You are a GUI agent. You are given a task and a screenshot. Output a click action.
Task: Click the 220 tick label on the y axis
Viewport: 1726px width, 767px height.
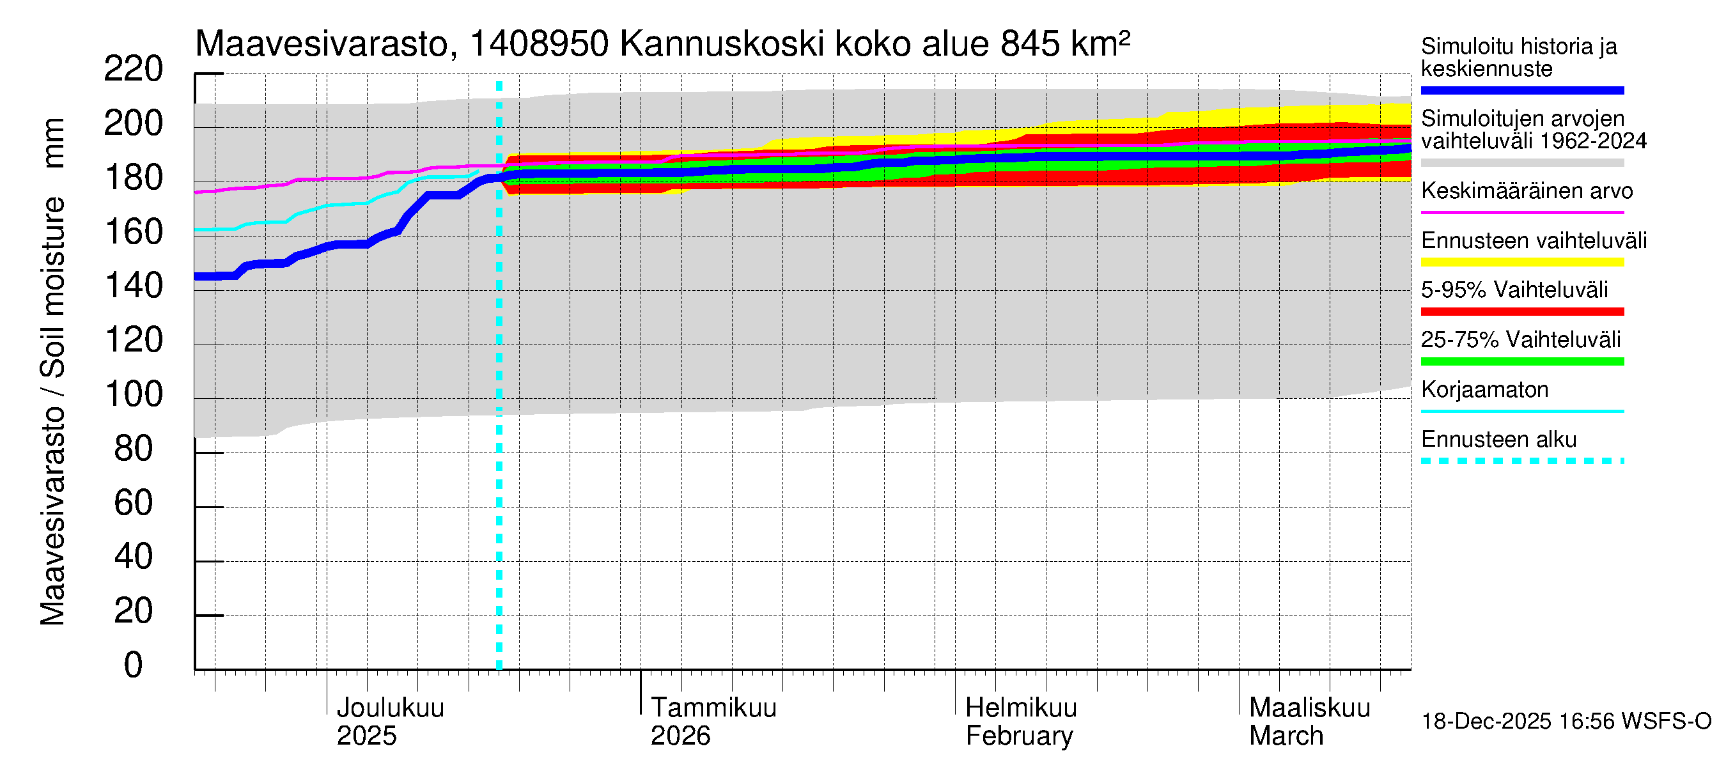134,69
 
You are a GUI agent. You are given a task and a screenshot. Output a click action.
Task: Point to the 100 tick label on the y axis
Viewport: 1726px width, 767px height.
134,394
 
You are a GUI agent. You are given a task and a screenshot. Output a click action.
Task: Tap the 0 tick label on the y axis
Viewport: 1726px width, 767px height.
134,665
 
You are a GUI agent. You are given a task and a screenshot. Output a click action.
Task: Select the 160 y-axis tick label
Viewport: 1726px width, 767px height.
134,232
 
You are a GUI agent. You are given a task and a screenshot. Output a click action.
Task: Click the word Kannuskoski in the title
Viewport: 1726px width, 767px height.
722,44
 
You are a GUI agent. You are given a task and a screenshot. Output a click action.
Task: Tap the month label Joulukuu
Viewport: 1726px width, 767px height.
390,708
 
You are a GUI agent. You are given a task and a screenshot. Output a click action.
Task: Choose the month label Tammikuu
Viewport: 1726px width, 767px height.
713,708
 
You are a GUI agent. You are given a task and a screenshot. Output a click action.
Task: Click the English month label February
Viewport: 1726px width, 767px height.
1018,736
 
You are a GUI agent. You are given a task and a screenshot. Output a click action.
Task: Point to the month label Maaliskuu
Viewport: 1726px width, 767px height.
1309,708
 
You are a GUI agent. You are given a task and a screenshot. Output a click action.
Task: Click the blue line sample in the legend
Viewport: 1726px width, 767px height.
1521,90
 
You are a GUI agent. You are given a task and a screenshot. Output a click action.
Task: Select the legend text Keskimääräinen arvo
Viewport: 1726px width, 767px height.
1527,191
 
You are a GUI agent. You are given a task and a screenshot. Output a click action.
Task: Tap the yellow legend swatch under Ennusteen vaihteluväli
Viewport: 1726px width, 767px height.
1521,262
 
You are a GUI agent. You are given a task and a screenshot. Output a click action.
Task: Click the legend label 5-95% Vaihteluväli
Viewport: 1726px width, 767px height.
1514,290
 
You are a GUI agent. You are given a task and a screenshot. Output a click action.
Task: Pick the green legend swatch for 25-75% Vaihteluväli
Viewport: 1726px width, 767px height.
1521,362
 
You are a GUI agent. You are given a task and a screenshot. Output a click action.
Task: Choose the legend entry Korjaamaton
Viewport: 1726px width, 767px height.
1484,390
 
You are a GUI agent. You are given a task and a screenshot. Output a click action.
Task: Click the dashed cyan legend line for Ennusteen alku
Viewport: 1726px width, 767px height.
1521,461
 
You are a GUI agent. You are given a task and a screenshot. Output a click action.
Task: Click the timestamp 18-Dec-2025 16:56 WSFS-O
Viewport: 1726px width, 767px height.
1566,722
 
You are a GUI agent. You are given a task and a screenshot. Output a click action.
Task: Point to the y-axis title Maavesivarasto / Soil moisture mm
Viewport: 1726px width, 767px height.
52,372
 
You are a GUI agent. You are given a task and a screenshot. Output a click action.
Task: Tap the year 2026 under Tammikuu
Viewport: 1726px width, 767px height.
680,736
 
